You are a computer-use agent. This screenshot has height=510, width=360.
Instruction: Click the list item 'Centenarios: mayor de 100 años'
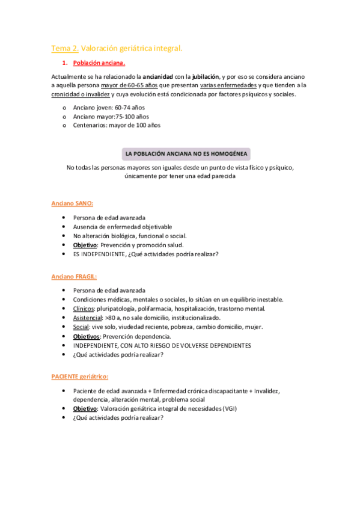click(x=117, y=125)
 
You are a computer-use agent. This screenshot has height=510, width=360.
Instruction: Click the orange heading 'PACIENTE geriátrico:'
click(x=79, y=376)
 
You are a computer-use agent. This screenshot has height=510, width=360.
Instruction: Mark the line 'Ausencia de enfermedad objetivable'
click(x=123, y=227)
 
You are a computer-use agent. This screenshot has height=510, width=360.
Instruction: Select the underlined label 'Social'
click(x=81, y=327)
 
